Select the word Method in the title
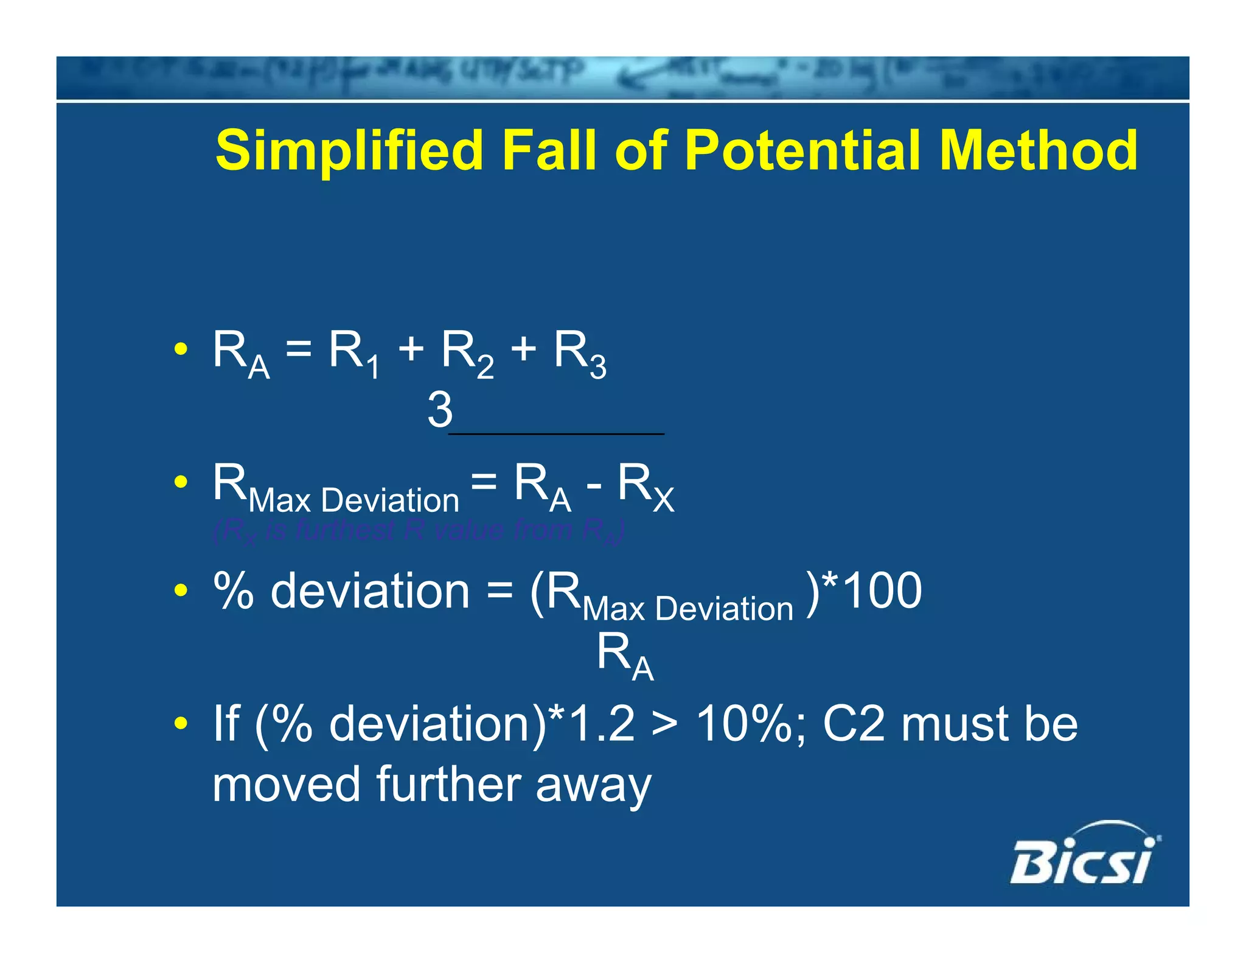click(1038, 151)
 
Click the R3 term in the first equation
click(580, 353)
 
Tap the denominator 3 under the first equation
click(440, 410)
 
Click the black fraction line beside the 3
click(556, 433)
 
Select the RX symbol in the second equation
click(646, 487)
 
